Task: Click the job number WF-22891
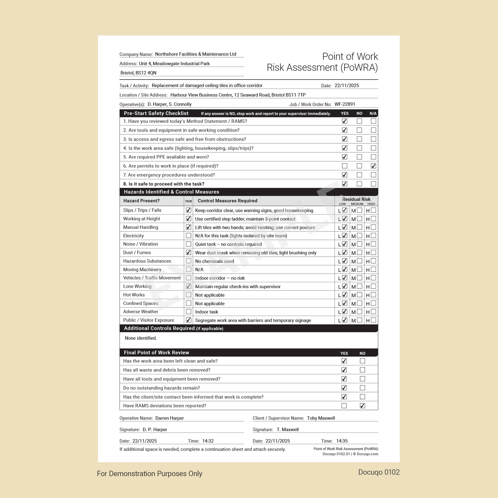pyautogui.click(x=345, y=104)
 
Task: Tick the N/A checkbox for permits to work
pyautogui.click(x=373, y=166)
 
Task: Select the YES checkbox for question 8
pyautogui.click(x=344, y=184)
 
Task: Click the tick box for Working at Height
pyautogui.click(x=189, y=219)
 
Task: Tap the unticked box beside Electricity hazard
pyautogui.click(x=189, y=236)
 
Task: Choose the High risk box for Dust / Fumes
pyautogui.click(x=373, y=253)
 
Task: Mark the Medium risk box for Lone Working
pyautogui.click(x=359, y=286)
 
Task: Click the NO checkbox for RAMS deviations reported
pyautogui.click(x=362, y=406)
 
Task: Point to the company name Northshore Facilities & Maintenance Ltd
pyautogui.click(x=195, y=54)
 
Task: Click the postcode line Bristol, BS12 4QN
pyautogui.click(x=139, y=73)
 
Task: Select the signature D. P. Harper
pyautogui.click(x=155, y=430)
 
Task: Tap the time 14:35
pyautogui.click(x=342, y=441)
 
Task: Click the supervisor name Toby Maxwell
pyautogui.click(x=321, y=418)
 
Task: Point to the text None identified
pyautogui.click(x=141, y=338)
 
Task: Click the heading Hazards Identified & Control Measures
pyautogui.click(x=171, y=192)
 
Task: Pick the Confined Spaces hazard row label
pyautogui.click(x=141, y=304)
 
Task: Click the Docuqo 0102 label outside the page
pyautogui.click(x=379, y=472)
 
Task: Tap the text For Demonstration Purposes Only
pyautogui.click(x=150, y=474)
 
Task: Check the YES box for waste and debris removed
pyautogui.click(x=344, y=370)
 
